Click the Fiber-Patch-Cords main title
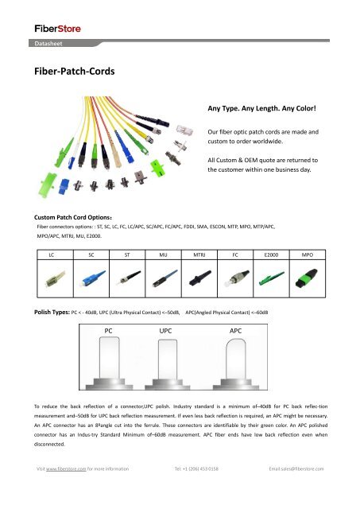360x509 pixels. (x=68, y=71)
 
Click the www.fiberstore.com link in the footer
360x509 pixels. (x=69, y=491)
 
